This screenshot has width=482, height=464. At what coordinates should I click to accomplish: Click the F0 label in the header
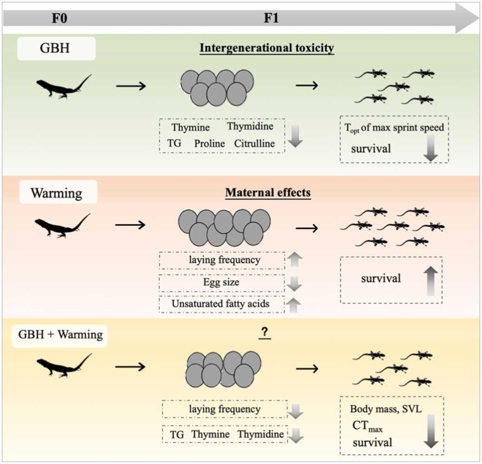click(59, 19)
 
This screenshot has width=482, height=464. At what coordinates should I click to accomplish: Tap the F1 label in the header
click(271, 19)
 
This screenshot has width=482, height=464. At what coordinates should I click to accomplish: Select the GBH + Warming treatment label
click(60, 334)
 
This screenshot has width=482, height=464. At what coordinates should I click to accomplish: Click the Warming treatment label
click(57, 193)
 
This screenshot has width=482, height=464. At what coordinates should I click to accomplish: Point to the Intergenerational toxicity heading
click(267, 48)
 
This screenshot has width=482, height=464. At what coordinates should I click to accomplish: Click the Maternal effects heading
click(268, 193)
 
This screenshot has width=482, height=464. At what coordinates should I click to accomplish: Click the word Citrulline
click(254, 143)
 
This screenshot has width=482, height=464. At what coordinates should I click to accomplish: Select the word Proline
click(209, 144)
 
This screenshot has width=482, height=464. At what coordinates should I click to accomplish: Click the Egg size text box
click(221, 282)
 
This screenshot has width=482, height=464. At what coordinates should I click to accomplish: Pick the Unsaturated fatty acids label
click(220, 304)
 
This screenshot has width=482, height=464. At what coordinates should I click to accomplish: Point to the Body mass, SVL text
click(385, 409)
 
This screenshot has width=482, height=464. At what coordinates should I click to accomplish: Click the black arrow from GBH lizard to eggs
click(131, 86)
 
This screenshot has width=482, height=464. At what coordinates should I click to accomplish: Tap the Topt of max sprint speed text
click(394, 127)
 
